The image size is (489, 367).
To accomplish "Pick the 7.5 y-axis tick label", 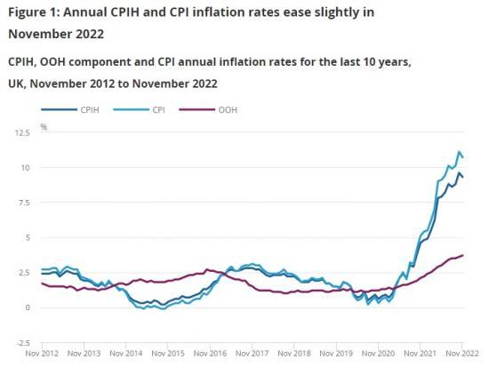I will point(23,203).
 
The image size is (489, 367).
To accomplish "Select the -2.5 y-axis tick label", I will point(22,342).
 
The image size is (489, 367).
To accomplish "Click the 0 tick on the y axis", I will point(28,307).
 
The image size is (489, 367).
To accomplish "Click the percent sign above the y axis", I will point(43,127).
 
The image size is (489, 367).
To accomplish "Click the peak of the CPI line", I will point(459,152).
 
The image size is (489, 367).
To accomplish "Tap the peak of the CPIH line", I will point(459,173).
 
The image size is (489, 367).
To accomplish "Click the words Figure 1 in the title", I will point(35,12).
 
